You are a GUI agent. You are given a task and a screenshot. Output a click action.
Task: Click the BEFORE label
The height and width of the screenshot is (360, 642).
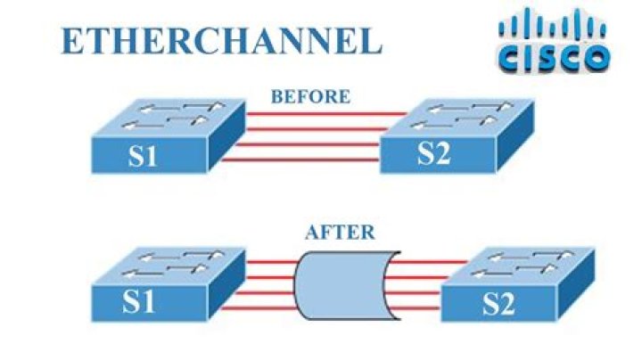pyautogui.click(x=310, y=96)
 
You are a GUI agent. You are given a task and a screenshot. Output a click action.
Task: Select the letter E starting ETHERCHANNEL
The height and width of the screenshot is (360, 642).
pyautogui.click(x=70, y=40)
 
